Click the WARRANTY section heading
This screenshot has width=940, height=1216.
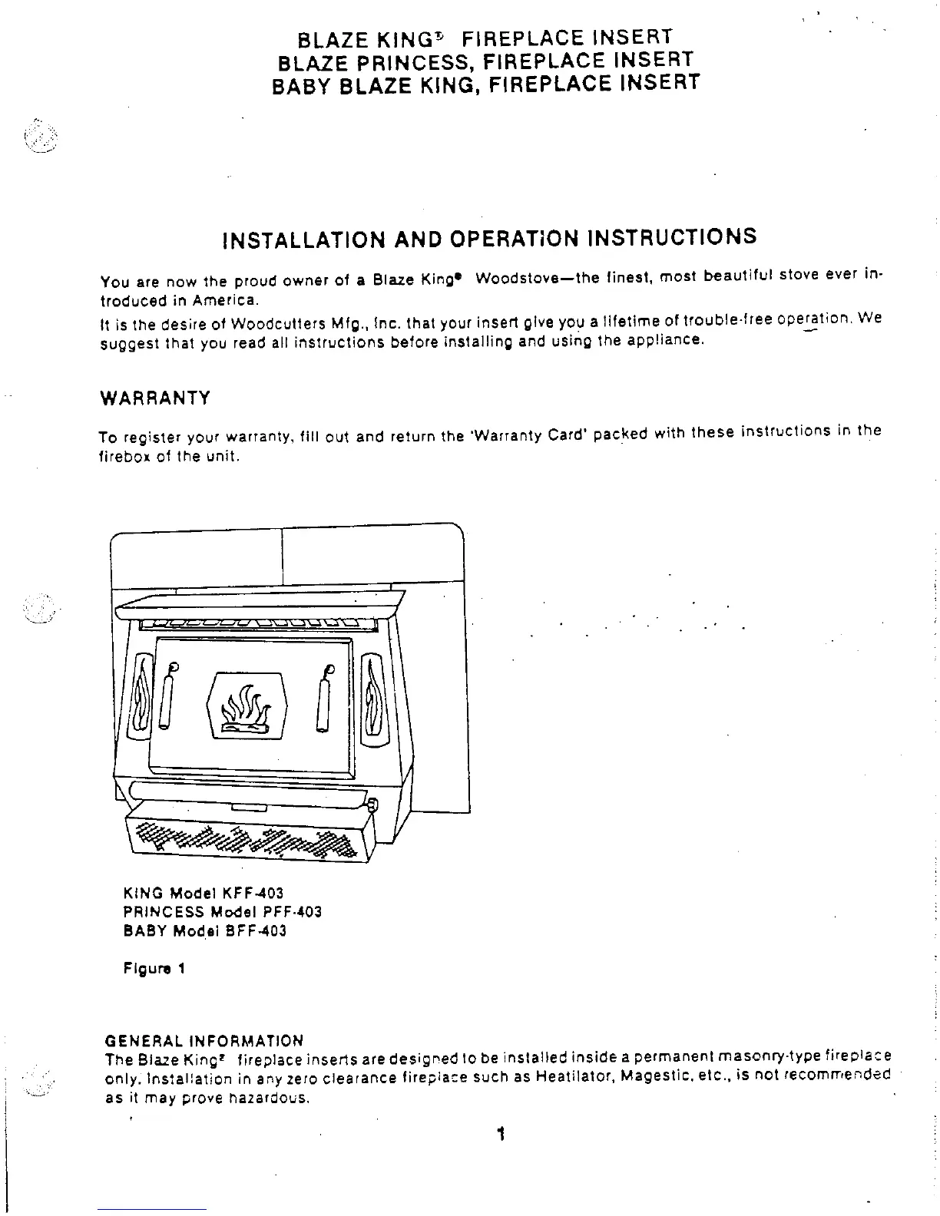pyautogui.click(x=155, y=398)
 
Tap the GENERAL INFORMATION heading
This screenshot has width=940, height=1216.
pyautogui.click(x=204, y=1041)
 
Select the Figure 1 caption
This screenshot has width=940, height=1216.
pyautogui.click(x=154, y=969)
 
